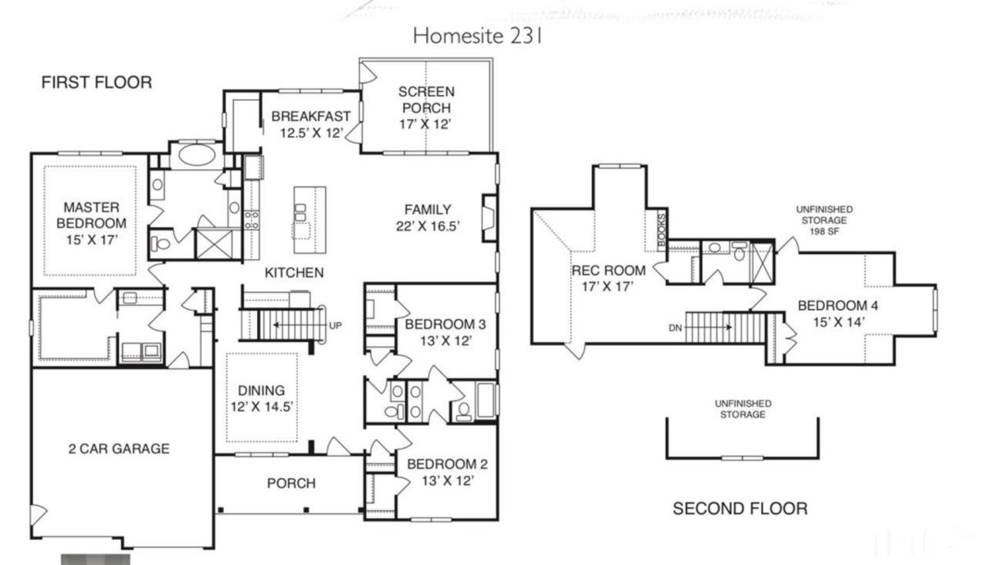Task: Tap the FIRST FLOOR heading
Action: click(x=97, y=82)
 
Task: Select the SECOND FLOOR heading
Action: click(x=740, y=509)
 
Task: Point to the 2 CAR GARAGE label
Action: click(x=118, y=449)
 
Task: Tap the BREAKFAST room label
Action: click(x=311, y=116)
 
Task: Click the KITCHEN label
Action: click(x=294, y=272)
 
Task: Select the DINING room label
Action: click(x=261, y=390)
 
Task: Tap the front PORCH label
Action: click(x=291, y=483)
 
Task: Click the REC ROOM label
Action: click(x=608, y=271)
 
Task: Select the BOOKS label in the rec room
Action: click(x=662, y=228)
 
